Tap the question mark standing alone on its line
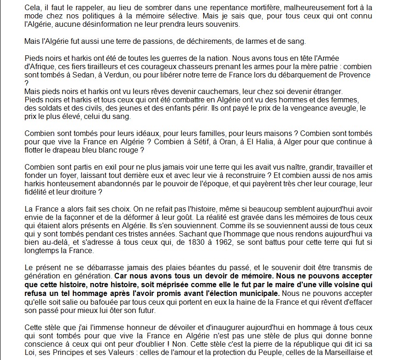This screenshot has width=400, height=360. click(26, 83)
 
